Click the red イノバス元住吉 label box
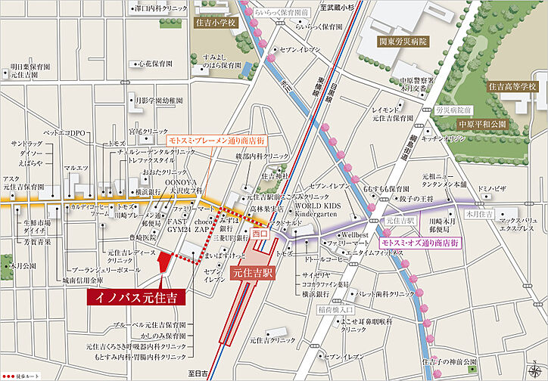point(132,296)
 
